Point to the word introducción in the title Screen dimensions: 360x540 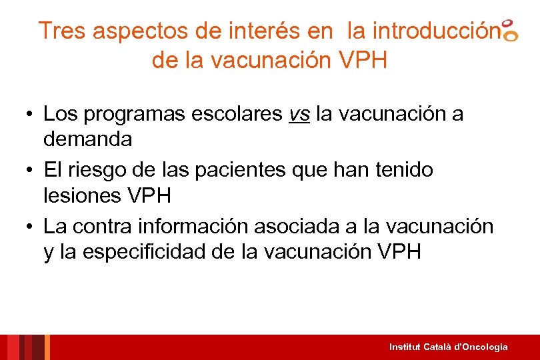pos(435,31)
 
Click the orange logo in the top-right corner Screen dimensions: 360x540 pos(509,30)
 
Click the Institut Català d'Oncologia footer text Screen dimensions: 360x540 pos(449,347)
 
